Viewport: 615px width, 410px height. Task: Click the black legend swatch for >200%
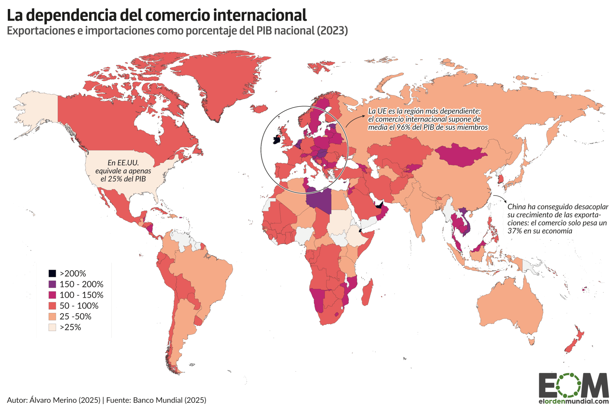[x=52, y=273]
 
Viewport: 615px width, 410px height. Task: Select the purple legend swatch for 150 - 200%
[x=52, y=284]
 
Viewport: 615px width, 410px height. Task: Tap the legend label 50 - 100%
[x=79, y=306]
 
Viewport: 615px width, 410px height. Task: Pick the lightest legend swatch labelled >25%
[x=52, y=327]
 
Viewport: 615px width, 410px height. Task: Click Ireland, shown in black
[x=277, y=140]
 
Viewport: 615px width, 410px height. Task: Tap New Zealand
[x=574, y=341]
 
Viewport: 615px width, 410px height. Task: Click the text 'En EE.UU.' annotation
[x=123, y=163]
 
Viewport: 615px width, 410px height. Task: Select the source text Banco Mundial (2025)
[x=169, y=400]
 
